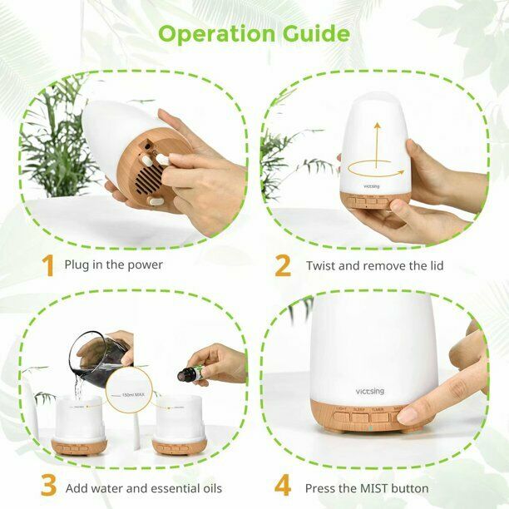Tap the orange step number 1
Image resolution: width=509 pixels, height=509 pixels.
(x=49, y=265)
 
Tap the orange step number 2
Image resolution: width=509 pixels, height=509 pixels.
(x=283, y=265)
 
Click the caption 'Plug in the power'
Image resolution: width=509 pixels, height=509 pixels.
(x=114, y=265)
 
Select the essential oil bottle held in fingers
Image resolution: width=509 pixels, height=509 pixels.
(x=185, y=374)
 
